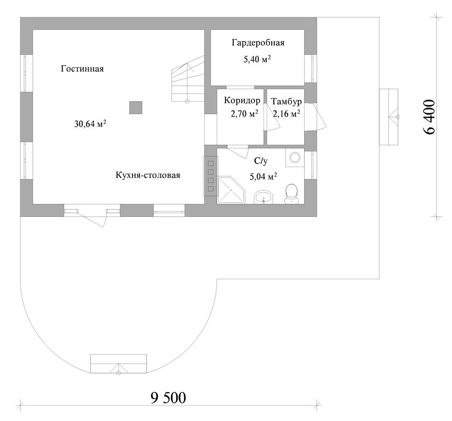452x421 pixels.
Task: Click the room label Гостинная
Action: [82, 69]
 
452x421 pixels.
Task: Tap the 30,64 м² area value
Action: [90, 124]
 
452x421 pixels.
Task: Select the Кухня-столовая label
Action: [148, 175]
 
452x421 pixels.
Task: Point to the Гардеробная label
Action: [258, 43]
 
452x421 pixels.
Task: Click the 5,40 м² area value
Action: [257, 59]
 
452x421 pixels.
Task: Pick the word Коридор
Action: [242, 101]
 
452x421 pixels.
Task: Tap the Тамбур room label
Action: [286, 102]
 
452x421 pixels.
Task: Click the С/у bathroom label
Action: [261, 161]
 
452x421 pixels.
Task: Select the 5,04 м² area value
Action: [263, 176]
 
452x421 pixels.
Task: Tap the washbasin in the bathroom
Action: [263, 197]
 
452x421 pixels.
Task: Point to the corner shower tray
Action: [231, 190]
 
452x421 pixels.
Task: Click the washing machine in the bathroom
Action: [295, 157]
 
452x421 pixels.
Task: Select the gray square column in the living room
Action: [136, 108]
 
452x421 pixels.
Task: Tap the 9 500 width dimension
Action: [168, 398]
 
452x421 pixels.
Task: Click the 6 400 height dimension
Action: [429, 117]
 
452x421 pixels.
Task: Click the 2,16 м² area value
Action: [287, 114]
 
